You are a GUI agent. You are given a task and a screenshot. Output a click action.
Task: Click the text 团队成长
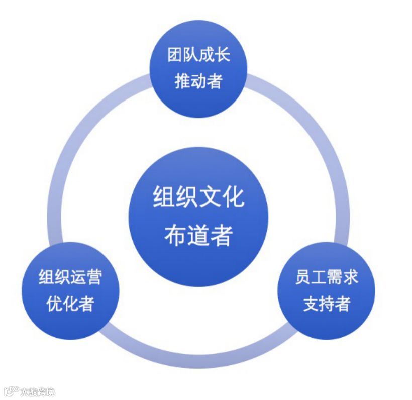(x=198, y=55)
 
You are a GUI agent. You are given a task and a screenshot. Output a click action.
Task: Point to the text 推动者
(x=198, y=81)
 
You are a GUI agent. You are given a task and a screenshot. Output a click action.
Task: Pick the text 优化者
(x=70, y=304)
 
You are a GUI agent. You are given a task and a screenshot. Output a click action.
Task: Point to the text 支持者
(x=327, y=304)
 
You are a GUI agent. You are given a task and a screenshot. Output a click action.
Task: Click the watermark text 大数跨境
(x=37, y=392)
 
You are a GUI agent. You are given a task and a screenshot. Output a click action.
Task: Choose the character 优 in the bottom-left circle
(x=54, y=304)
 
